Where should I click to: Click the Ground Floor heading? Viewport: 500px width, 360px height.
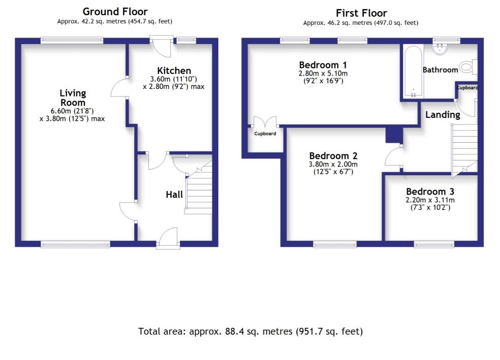115,12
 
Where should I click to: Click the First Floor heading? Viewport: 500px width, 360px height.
361,13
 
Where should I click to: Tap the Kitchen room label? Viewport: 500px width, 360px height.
174,71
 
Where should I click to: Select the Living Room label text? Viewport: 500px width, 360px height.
73,97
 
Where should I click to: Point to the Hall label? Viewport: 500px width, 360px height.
174,194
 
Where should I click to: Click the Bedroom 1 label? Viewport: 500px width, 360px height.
323,64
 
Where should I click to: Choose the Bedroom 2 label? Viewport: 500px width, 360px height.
333,156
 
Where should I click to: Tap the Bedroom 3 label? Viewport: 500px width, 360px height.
430,191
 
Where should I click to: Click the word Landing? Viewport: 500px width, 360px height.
443,115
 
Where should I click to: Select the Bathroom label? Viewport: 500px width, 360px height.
440,70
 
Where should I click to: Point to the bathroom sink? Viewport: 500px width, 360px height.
440,49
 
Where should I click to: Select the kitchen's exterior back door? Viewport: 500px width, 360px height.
162,46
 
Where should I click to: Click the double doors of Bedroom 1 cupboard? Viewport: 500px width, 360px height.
265,122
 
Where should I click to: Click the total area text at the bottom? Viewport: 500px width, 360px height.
251,332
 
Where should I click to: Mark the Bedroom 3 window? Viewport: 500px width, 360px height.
434,245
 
